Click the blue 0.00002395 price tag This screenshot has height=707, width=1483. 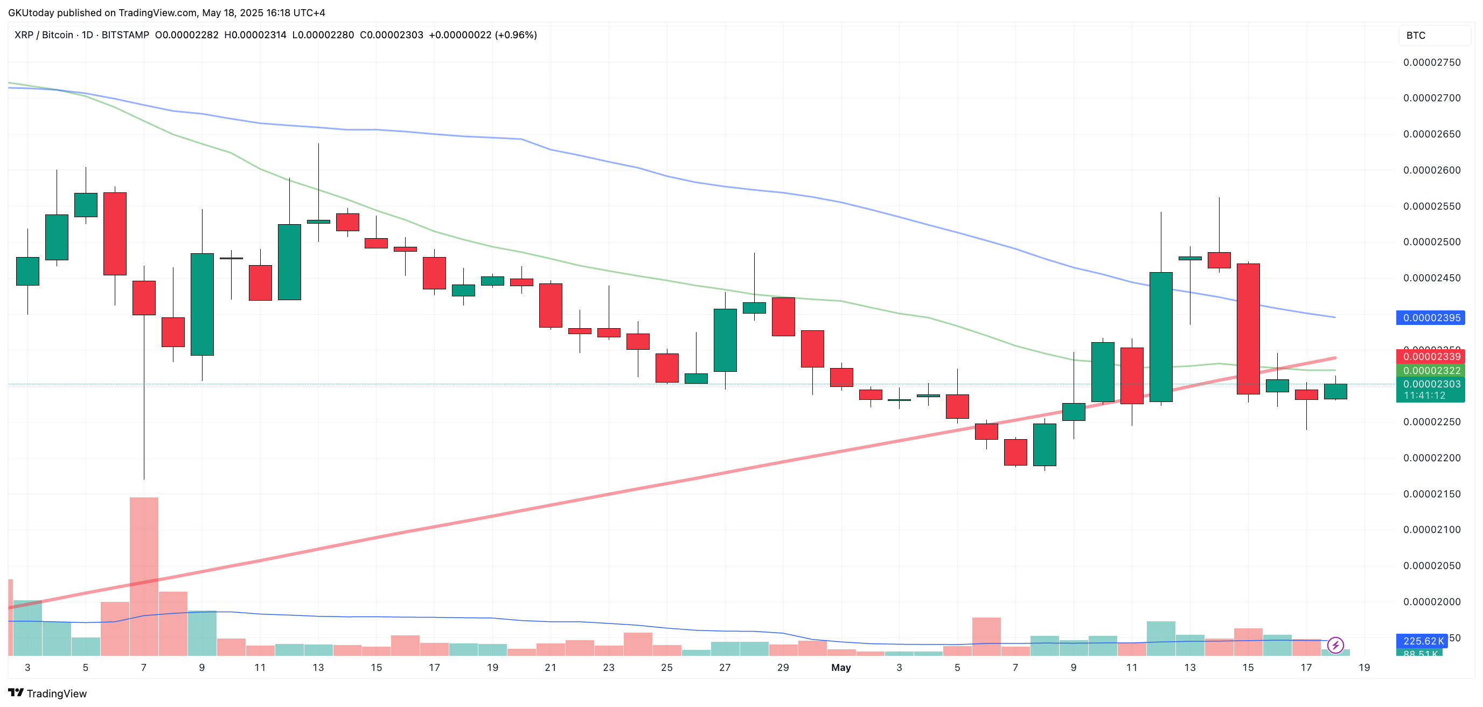point(1431,318)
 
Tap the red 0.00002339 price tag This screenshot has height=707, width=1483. point(1431,357)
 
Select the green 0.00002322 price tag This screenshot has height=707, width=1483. point(1431,371)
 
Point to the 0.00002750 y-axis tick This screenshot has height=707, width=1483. point(1431,63)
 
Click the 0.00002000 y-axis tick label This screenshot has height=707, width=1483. point(1431,601)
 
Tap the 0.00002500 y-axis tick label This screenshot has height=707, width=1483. point(1431,242)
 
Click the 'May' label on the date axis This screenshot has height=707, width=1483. point(840,667)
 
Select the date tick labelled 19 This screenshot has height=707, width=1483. point(1364,667)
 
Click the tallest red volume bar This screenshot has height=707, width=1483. point(144,576)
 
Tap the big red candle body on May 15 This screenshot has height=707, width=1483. point(1248,329)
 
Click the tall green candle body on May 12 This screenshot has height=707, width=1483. point(1161,337)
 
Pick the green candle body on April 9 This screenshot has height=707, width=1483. point(202,304)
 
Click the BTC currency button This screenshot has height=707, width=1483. point(1416,36)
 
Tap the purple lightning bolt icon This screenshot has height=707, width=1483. point(1335,645)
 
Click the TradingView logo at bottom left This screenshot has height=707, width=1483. point(47,693)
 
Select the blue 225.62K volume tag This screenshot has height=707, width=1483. point(1423,641)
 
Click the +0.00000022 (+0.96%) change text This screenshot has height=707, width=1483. point(483,35)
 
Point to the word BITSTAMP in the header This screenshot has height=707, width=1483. point(125,35)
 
